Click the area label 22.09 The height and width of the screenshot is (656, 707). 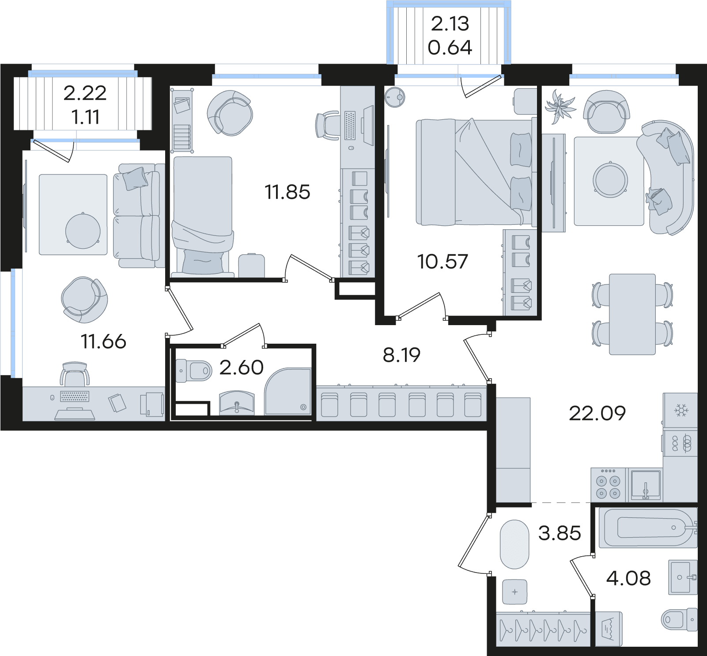(x=597, y=413)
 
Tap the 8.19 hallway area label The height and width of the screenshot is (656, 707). (x=401, y=355)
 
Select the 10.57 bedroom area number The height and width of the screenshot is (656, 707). (x=442, y=262)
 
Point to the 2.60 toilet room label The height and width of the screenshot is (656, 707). (x=241, y=368)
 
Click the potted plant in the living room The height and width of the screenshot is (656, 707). (x=560, y=106)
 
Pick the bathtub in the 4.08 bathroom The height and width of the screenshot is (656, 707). (x=647, y=528)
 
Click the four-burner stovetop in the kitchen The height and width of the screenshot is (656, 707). (x=609, y=484)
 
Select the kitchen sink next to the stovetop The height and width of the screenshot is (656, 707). (x=646, y=485)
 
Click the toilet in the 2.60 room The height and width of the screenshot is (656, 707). (x=194, y=370)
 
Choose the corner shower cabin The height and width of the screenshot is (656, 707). (x=288, y=392)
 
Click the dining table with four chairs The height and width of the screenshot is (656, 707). (x=632, y=314)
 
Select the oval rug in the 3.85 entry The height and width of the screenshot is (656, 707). (x=514, y=544)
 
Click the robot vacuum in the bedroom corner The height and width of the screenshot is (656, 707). (x=395, y=96)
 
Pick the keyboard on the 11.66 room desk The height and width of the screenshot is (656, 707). (x=75, y=396)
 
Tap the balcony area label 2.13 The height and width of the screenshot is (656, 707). (x=450, y=24)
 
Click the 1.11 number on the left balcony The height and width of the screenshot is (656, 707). (x=85, y=117)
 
